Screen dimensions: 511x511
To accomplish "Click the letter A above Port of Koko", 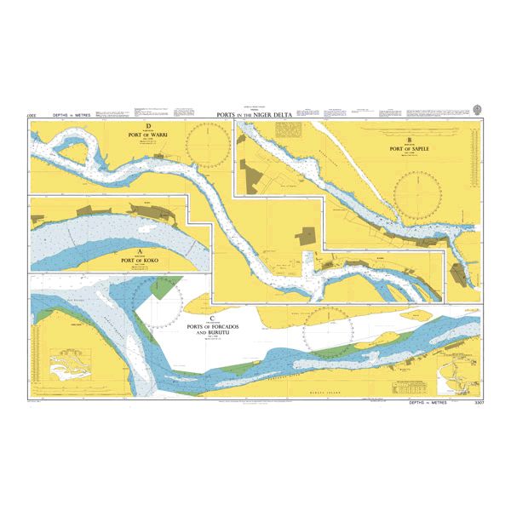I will (x=141, y=250).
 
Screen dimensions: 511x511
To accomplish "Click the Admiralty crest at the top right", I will (x=477, y=109).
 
